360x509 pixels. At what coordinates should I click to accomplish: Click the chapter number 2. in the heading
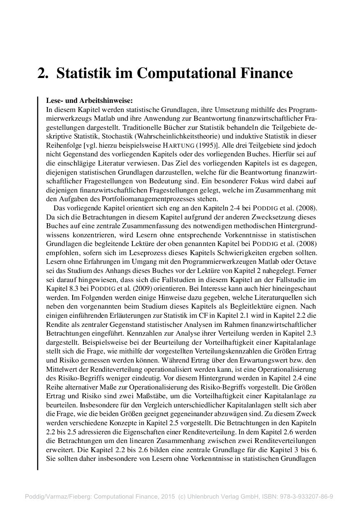point(43,73)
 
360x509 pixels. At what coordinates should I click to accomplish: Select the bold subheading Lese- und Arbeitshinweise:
point(89,101)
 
